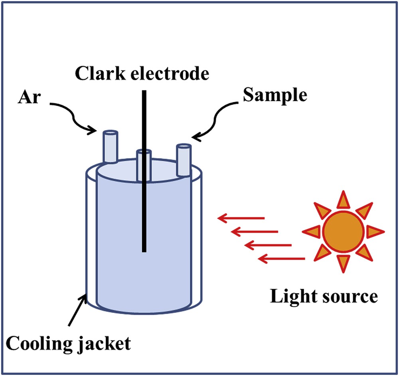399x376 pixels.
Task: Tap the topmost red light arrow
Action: (x=241, y=218)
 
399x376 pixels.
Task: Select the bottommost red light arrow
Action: (x=282, y=259)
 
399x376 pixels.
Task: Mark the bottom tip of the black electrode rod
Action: (x=144, y=251)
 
